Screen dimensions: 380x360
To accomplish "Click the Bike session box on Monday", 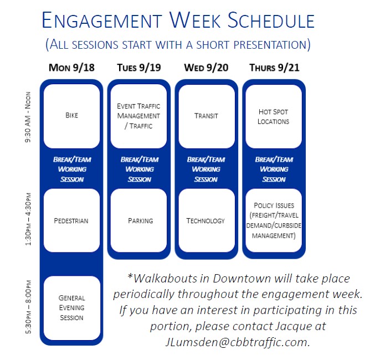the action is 72,116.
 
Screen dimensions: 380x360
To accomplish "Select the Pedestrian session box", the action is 72,220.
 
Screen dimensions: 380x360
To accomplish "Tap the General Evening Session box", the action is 72,308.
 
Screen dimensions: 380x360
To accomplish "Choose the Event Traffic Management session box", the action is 138,116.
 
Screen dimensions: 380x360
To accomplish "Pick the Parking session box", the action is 138,220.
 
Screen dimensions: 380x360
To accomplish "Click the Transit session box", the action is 207,116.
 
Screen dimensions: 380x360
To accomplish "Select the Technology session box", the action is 207,220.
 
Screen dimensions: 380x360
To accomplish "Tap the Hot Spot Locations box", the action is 274,116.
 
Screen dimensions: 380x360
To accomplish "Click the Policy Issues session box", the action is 274,220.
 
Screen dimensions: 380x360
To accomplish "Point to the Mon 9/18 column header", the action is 71,68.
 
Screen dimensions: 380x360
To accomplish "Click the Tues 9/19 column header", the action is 139,68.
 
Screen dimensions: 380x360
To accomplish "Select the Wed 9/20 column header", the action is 206,68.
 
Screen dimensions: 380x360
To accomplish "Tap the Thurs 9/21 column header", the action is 274,68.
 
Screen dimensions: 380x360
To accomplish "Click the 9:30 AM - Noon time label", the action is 28,117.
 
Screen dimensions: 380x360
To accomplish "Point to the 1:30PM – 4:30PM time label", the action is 28,219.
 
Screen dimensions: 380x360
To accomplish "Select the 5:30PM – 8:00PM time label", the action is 28,307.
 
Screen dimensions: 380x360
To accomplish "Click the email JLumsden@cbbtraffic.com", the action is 238,342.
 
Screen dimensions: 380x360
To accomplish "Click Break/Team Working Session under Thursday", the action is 274,169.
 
